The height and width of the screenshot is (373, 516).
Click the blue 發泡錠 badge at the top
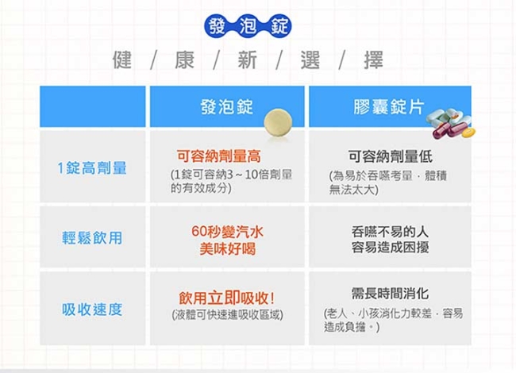pos(248,26)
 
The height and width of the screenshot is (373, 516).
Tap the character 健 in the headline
pos(122,60)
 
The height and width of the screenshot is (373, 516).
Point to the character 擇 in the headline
pos(374,60)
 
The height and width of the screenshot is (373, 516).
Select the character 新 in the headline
pos(248,60)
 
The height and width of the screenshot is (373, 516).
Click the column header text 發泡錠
pos(227,106)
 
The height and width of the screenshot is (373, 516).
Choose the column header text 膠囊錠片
pos(389,106)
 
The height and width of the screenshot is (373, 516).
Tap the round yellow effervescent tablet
pos(278,122)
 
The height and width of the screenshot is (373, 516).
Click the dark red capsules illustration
pos(450,129)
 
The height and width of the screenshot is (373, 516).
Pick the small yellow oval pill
pos(468,133)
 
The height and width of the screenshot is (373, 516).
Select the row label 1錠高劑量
pos(92,167)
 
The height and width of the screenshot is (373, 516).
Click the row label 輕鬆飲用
pos(92,238)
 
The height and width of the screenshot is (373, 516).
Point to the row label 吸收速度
pos(92,310)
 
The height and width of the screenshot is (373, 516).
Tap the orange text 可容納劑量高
pos(219,156)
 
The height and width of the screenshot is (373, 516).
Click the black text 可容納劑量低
pos(391,156)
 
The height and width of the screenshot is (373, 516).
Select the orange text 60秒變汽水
pos(227,232)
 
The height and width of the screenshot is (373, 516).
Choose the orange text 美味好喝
pos(227,248)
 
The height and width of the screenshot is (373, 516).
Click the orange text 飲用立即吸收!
pos(227,298)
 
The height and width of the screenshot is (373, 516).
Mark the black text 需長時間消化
pos(390,293)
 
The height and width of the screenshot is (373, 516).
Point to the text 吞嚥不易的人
pos(390,232)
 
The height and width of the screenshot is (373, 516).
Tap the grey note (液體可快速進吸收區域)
pos(227,315)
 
